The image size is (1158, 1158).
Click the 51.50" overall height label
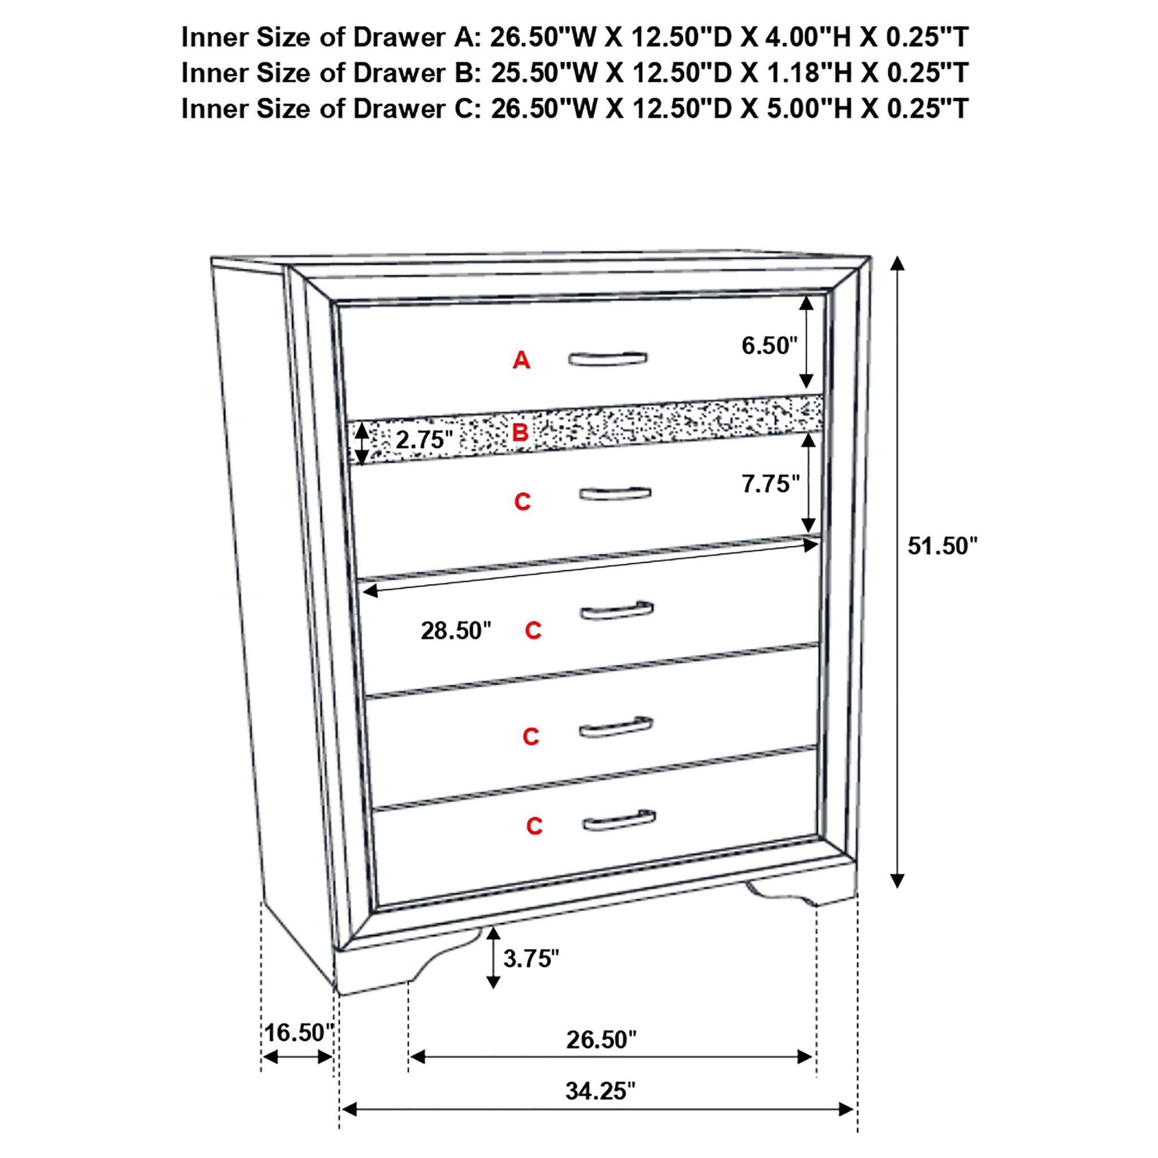pos(942,546)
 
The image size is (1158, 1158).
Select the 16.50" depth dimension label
pos(299,1032)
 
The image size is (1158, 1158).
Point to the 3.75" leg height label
pos(531,958)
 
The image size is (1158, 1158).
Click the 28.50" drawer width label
pos(456,630)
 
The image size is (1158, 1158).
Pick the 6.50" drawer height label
pos(770,345)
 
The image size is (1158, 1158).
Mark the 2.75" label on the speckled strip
pos(424,440)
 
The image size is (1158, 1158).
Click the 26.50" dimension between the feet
pos(601,1039)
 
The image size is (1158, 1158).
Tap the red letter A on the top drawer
pos(521,360)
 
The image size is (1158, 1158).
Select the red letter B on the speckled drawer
pos(520,432)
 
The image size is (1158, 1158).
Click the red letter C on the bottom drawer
pos(534,826)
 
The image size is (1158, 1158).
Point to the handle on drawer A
pos(608,358)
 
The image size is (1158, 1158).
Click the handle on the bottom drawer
pos(619,820)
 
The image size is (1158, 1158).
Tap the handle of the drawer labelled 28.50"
pos(617,610)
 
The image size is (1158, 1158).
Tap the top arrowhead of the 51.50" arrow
pos(897,263)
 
